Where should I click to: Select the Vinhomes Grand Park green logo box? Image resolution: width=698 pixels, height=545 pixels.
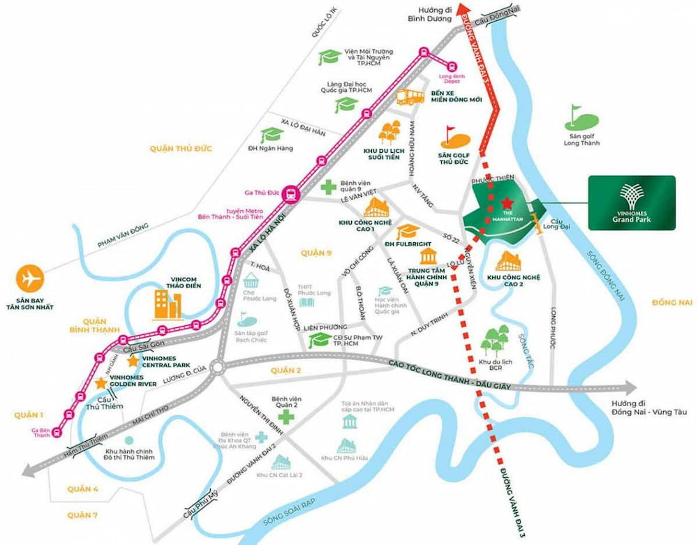coord(631,203)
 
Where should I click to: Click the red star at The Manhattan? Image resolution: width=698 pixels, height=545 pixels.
coord(506,202)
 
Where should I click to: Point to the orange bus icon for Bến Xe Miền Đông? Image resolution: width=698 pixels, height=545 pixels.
coord(410,96)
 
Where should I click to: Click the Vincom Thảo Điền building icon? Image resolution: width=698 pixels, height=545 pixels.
coord(168,305)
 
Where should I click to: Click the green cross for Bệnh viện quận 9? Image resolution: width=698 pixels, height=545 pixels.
coord(327,187)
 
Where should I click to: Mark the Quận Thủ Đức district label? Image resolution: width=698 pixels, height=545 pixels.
coord(180,148)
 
